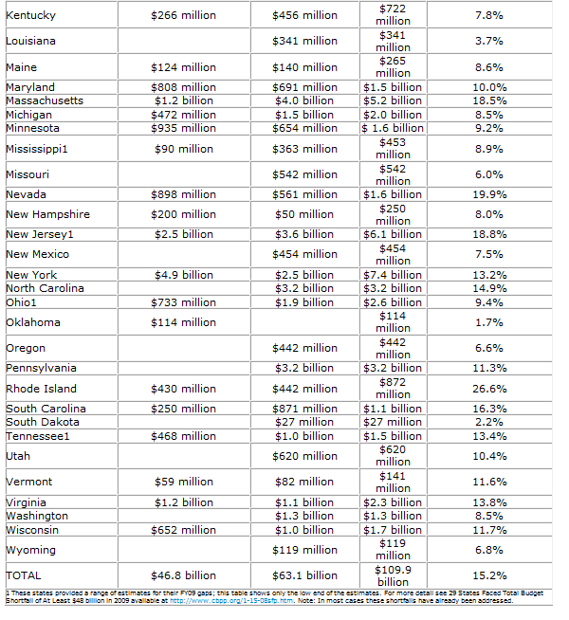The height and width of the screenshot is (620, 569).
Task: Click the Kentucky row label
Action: tap(30, 15)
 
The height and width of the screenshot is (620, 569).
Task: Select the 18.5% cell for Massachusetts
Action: tap(489, 100)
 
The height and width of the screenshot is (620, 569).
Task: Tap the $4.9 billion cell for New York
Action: tap(184, 275)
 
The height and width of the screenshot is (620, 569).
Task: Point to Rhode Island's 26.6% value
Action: tap(489, 389)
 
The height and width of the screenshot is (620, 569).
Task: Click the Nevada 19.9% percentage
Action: tap(489, 194)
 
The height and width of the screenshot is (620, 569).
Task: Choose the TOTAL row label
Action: tap(24, 575)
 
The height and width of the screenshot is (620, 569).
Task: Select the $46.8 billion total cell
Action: tap(184, 575)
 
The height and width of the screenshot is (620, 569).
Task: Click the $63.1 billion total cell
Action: tap(304, 575)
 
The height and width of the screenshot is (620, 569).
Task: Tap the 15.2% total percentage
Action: tap(489, 575)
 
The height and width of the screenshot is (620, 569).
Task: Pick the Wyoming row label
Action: tap(30, 550)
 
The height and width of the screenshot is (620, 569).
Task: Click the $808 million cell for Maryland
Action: tap(184, 87)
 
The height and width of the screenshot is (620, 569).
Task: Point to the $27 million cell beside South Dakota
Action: tap(304, 422)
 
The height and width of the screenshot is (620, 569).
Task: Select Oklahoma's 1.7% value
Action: tap(489, 322)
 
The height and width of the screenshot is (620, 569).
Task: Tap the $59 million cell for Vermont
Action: tap(184, 482)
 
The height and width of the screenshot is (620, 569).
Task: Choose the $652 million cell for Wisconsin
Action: tap(184, 530)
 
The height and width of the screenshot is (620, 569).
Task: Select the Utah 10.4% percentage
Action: tap(489, 456)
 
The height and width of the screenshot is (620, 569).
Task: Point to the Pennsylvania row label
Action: tap(41, 368)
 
